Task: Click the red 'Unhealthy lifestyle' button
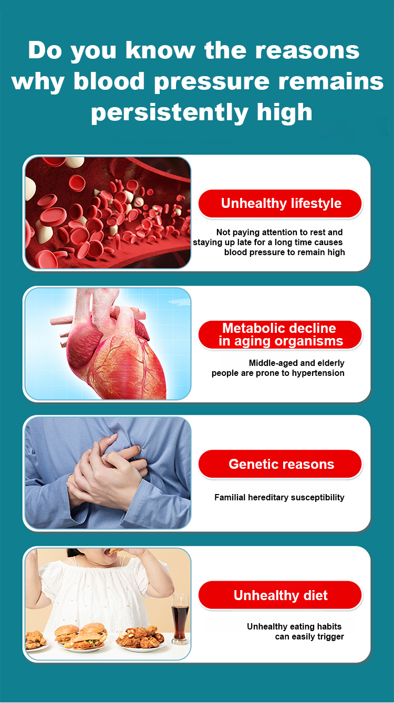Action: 280,203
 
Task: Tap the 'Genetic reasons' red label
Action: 280,464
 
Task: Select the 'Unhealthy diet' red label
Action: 280,595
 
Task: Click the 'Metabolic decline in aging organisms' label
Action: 280,334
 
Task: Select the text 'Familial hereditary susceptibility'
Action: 279,497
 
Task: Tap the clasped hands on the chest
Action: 107,471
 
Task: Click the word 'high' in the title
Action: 284,112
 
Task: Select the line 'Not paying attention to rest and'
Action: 279,232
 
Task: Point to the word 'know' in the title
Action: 160,50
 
